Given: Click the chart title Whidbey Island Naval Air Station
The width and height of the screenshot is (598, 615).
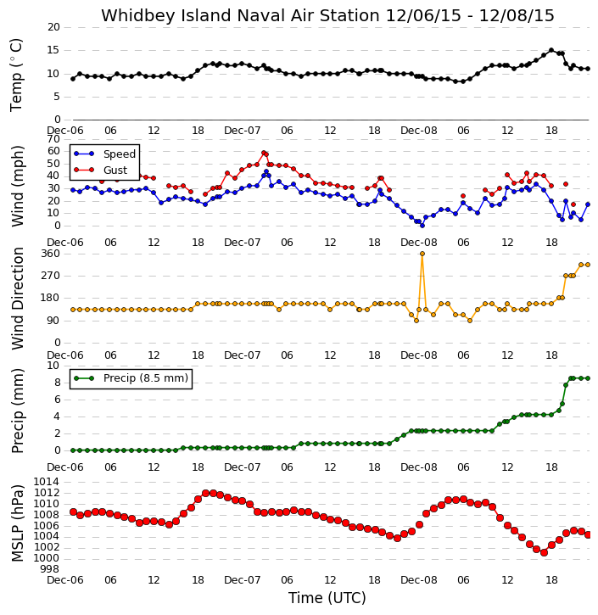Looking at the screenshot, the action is click(x=240, y=15).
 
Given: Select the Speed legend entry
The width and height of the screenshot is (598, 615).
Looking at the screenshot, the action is click(x=104, y=154).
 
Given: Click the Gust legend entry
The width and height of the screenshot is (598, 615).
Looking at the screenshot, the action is click(x=101, y=170).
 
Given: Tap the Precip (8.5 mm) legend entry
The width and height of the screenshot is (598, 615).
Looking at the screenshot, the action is click(x=131, y=378).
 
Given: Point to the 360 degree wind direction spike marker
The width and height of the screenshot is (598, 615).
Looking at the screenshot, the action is click(x=422, y=254).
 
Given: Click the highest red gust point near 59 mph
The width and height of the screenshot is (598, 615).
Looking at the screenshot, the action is click(x=264, y=153).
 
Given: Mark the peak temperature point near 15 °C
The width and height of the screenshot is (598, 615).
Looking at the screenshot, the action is click(x=551, y=50).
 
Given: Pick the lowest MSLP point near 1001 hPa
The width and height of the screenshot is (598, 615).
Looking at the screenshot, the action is click(x=544, y=552).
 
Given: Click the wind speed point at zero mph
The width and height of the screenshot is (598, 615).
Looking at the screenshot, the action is click(x=422, y=226).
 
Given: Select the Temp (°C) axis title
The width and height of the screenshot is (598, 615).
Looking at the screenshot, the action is click(x=16, y=75).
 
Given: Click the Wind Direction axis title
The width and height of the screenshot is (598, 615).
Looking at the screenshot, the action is click(x=17, y=299).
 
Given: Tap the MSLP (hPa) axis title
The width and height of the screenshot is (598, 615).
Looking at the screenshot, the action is click(x=17, y=523).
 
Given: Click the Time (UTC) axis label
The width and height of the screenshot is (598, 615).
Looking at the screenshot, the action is click(x=327, y=598).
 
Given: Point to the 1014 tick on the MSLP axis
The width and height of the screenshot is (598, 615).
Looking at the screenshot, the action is click(x=47, y=482).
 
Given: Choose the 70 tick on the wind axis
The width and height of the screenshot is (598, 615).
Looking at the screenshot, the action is click(x=53, y=139).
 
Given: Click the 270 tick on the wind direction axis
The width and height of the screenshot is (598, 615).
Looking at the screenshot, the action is click(x=50, y=276).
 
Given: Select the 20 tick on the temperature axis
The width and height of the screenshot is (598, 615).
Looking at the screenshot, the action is click(x=53, y=27).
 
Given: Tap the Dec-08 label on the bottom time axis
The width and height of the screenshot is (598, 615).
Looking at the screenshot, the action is click(x=419, y=579).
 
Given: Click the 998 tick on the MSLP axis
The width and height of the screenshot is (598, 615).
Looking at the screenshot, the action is click(x=50, y=568).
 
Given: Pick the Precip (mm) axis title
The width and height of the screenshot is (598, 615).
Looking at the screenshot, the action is click(x=17, y=411).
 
